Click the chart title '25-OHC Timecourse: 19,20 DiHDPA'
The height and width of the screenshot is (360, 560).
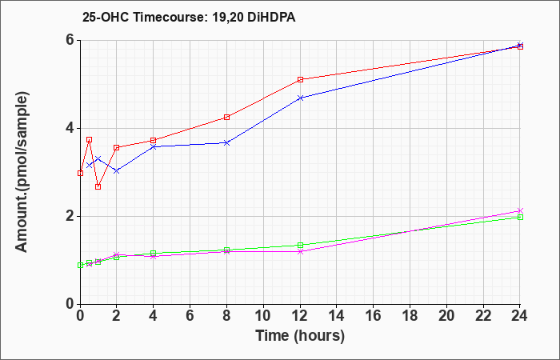click(189, 17)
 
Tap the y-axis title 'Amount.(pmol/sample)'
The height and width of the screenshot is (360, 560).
click(22, 172)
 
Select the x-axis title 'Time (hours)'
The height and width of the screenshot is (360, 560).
click(300, 336)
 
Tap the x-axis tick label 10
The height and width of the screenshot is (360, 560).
click(263, 315)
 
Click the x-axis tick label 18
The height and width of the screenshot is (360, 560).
click(410, 315)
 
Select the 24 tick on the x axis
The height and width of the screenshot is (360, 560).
click(520, 315)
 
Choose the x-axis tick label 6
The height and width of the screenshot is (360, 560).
click(190, 315)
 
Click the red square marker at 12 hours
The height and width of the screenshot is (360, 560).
click(300, 79)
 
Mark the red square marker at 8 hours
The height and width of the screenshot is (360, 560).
click(226, 117)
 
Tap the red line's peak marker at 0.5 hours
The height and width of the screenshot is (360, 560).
click(90, 140)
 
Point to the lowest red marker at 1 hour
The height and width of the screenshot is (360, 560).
click(98, 186)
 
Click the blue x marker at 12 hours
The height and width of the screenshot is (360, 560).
click(300, 98)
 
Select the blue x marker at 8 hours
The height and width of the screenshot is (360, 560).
click(226, 143)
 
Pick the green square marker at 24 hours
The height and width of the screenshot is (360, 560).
click(520, 217)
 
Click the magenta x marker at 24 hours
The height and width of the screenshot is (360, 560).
click(520, 210)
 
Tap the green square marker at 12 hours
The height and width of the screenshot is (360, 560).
click(300, 245)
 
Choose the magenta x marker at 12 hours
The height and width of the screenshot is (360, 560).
click(300, 251)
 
